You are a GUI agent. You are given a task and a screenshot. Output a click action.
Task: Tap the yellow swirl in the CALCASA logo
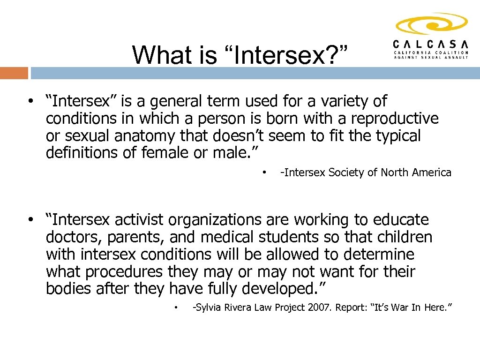tap(431, 23)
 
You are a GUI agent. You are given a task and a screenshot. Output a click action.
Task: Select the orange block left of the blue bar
tap(14, 73)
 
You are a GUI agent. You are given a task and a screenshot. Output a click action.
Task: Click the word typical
tap(398, 135)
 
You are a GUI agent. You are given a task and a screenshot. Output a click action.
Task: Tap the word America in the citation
tap(431, 172)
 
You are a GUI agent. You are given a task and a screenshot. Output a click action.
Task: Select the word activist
tap(140, 220)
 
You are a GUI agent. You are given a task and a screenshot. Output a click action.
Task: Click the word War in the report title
tap(397, 307)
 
